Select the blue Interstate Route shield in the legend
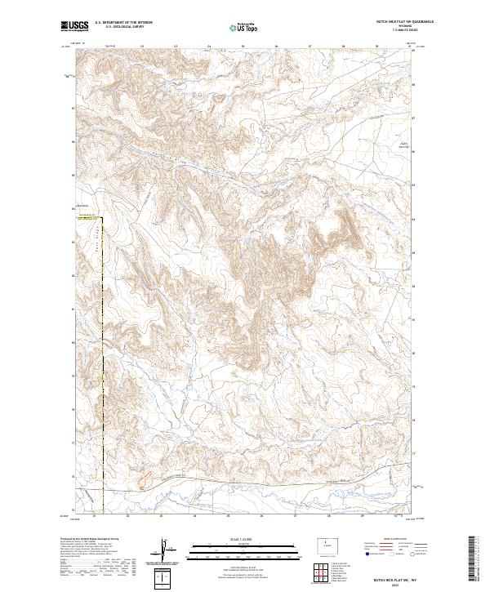(x=367, y=554)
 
